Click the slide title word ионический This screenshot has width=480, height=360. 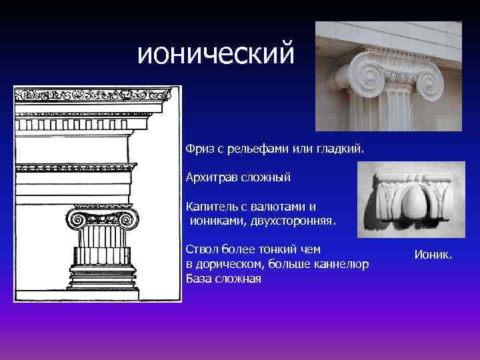pos(215,53)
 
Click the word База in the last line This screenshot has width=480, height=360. pos(200,279)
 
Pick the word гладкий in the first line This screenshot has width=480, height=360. pos(343,147)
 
